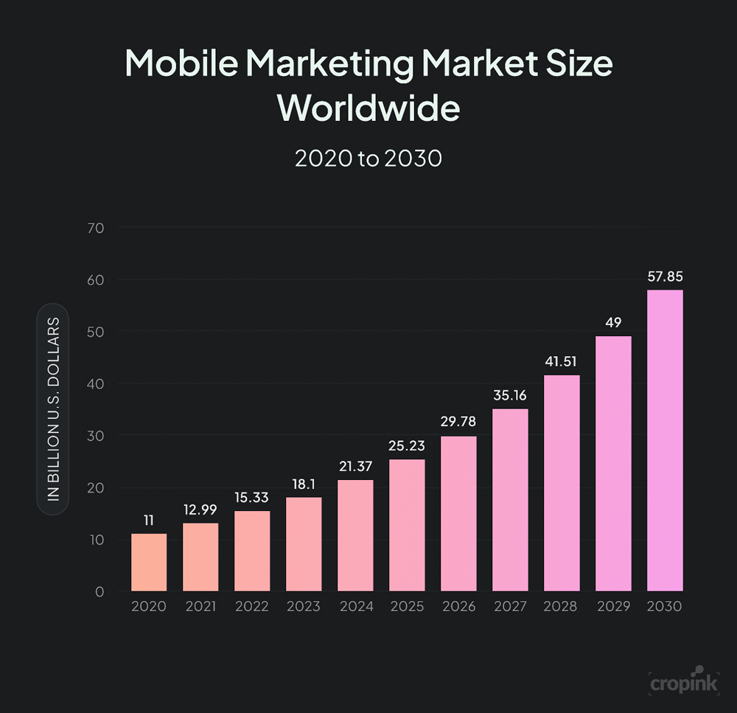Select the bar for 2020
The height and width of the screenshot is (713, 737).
pyautogui.click(x=149, y=563)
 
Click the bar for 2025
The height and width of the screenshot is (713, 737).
pyautogui.click(x=407, y=526)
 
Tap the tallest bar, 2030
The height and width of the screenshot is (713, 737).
pyautogui.click(x=665, y=441)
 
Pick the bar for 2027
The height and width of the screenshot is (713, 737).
pyautogui.click(x=510, y=500)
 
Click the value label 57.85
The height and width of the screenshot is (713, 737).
pyautogui.click(x=665, y=277)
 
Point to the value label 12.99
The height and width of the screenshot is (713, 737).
pyautogui.click(x=200, y=510)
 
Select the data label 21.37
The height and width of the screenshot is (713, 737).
pyautogui.click(x=355, y=467)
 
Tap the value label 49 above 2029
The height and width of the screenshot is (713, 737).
pyautogui.click(x=613, y=323)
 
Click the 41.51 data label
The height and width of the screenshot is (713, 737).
pyautogui.click(x=562, y=362)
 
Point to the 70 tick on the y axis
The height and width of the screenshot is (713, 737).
pyautogui.click(x=96, y=227)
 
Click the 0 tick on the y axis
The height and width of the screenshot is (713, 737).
pyautogui.click(x=99, y=591)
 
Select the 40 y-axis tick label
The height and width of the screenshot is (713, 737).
pyautogui.click(x=96, y=383)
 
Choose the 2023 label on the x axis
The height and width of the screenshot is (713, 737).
pyautogui.click(x=304, y=607)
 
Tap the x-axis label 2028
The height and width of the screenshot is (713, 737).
pyautogui.click(x=562, y=607)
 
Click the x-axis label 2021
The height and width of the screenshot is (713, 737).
pyautogui.click(x=200, y=607)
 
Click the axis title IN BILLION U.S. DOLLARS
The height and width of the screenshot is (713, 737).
pyautogui.click(x=53, y=409)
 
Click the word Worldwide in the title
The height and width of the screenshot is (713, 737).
pyautogui.click(x=368, y=108)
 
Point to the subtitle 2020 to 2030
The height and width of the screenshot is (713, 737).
pyautogui.click(x=368, y=158)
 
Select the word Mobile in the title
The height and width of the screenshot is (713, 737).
pyautogui.click(x=181, y=63)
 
